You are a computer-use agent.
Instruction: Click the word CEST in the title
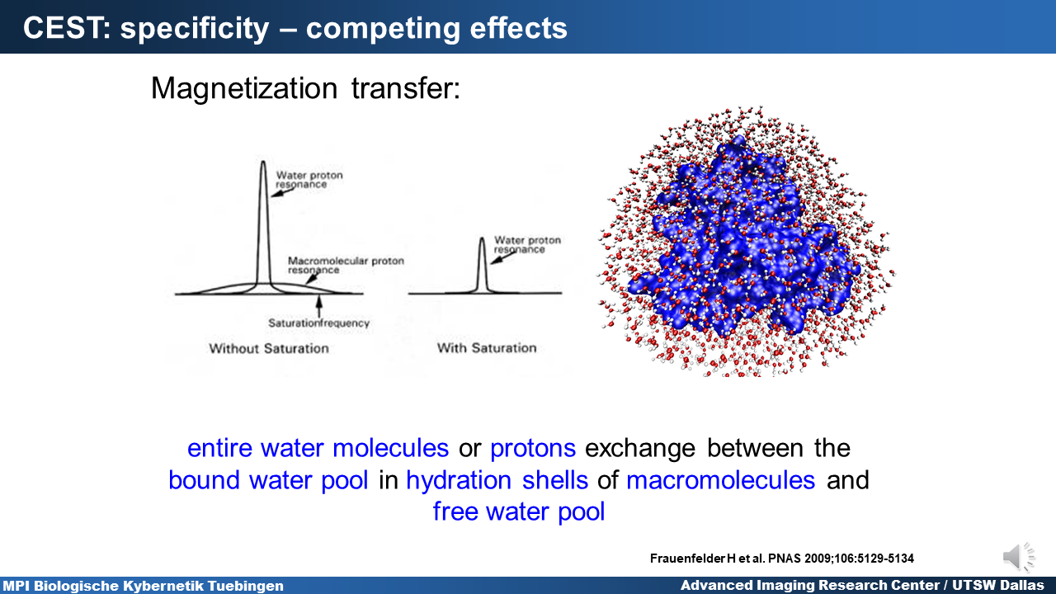pos(66,27)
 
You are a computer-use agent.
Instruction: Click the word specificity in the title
pos(195,29)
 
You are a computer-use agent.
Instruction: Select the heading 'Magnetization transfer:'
pos(305,88)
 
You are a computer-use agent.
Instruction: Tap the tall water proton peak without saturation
pos(263,226)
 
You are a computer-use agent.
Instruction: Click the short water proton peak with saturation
pos(482,265)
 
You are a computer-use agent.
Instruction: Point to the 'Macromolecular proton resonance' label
pos(346,265)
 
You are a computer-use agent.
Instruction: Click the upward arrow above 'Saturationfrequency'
pos(319,306)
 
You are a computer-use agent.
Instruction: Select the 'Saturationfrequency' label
pos(318,323)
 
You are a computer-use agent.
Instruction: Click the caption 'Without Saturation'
pos(269,348)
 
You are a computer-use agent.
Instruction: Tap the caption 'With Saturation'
pos(487,348)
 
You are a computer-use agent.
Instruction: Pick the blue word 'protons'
pos(533,448)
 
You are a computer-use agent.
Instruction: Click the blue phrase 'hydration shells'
pos(497,480)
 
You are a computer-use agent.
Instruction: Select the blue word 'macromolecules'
pos(720,480)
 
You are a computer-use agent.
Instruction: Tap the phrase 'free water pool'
pos(519,512)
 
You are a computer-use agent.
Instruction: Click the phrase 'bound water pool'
pos(268,480)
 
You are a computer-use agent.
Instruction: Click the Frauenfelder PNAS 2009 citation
pos(781,559)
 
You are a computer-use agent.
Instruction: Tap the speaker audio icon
pos(1018,557)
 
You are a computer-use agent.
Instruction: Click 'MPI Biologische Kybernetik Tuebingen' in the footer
pos(144,586)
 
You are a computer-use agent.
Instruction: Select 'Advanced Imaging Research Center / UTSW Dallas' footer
pos(862,586)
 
